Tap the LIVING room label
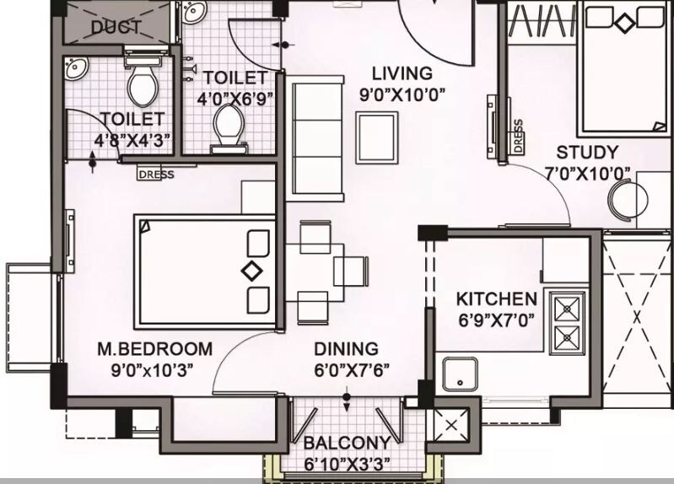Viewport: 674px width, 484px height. [402, 73]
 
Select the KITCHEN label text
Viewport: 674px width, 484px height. [496, 298]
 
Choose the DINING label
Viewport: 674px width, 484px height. [346, 348]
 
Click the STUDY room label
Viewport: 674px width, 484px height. [587, 153]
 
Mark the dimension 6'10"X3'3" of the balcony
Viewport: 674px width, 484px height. [348, 465]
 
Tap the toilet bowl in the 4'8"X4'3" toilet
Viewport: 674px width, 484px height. [138, 83]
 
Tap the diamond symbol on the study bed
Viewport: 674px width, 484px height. [623, 24]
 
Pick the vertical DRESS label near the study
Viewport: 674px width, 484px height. [517, 135]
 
